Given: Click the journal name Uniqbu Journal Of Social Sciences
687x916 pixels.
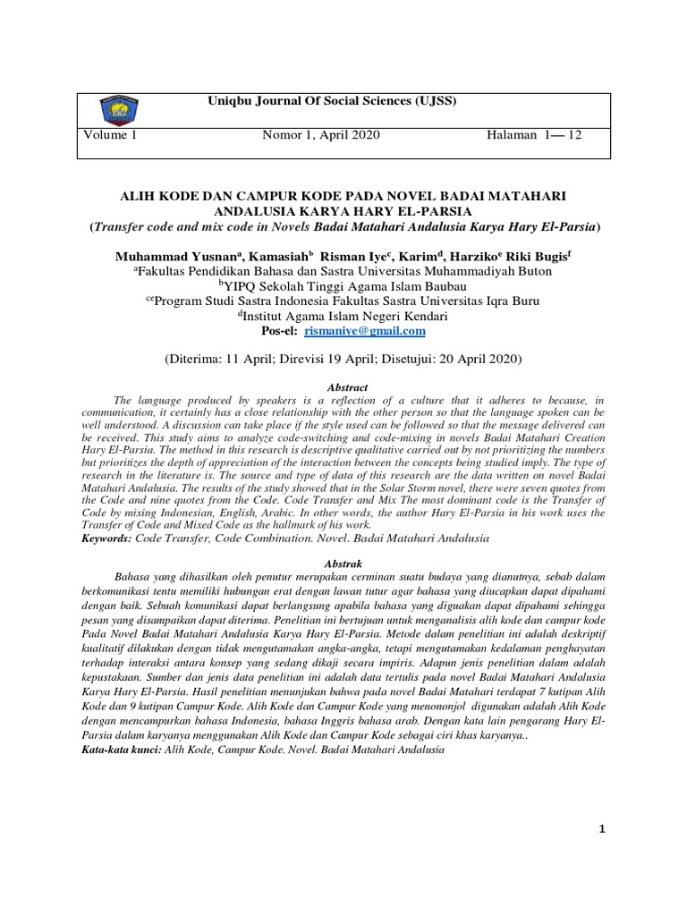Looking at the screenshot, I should coord(332,101).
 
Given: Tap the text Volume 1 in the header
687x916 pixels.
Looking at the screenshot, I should coord(111,135).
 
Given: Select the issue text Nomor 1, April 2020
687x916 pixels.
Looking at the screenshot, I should coord(321,135).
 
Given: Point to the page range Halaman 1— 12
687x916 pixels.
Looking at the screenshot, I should coord(534,135).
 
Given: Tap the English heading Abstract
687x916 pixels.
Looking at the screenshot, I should coord(347,386).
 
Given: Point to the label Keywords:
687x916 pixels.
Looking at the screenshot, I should coord(110,540).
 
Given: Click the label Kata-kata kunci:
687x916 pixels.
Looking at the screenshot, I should coord(121,750).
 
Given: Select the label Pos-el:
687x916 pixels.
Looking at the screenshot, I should coord(279,331).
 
